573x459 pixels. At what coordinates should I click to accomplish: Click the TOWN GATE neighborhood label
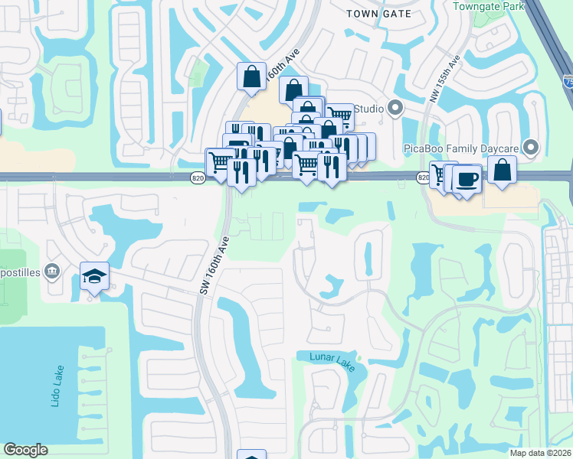click(378, 14)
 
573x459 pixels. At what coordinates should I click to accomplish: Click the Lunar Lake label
click(332, 361)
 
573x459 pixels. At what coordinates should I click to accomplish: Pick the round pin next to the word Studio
click(395, 108)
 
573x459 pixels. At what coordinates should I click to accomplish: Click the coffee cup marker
click(467, 179)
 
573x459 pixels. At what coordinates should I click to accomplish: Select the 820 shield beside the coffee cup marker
click(423, 178)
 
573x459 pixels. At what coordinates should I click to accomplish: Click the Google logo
click(25, 450)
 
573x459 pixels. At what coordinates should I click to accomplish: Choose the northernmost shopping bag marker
click(251, 76)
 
